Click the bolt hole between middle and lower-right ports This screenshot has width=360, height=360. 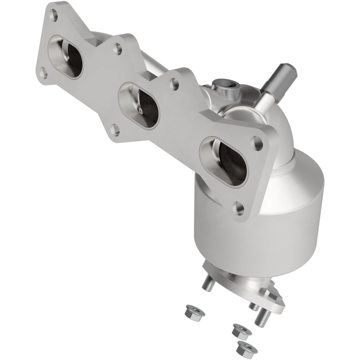(x=173, y=84)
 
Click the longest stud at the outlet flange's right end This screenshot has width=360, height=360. (x=262, y=318)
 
